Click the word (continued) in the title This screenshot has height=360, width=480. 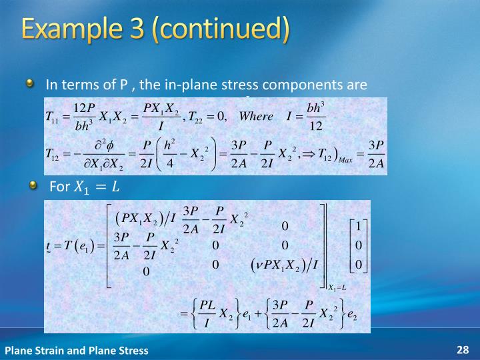pos(223,31)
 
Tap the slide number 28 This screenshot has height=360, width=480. pos(463,349)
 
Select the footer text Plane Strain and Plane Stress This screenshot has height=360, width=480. pos(77,350)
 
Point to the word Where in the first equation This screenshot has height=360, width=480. pos(256,116)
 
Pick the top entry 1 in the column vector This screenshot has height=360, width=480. pos(358,226)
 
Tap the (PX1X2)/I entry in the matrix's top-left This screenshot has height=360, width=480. pos(145,217)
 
